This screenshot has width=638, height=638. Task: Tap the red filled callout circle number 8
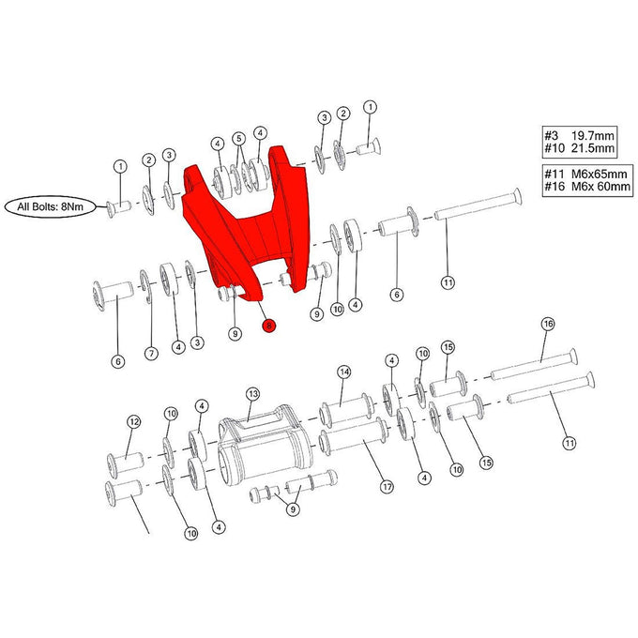[269, 326]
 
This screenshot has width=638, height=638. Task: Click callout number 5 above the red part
[238, 138]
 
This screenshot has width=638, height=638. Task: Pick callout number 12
[133, 421]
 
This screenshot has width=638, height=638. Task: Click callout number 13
[252, 394]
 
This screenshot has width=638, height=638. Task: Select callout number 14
[343, 372]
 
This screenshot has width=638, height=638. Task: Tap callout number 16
[549, 324]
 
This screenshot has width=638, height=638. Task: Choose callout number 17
[386, 486]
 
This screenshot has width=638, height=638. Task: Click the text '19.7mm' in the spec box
[593, 135]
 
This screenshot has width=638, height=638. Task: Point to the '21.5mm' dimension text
[593, 148]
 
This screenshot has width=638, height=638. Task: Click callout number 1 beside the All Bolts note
[119, 167]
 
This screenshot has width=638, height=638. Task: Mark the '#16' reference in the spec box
[552, 188]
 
